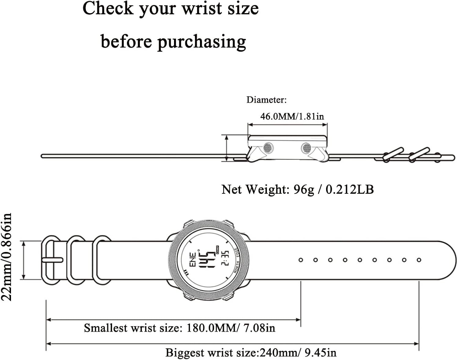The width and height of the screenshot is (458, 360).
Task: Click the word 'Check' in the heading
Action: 108,9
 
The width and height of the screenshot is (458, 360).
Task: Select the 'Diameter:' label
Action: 267,100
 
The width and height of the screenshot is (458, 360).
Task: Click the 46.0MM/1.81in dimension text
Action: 292,116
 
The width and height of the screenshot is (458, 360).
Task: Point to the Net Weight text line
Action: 297,189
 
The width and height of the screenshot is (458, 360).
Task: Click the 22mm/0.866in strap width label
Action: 7,257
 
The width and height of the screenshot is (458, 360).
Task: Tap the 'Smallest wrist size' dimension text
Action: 180,328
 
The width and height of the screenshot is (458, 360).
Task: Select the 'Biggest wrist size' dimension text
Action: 251,353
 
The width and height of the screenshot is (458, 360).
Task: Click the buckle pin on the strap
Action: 53,260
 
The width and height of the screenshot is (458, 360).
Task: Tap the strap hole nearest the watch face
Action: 301,260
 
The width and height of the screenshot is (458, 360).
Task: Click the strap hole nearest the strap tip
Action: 419,260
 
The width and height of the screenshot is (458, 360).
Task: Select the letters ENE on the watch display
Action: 193,260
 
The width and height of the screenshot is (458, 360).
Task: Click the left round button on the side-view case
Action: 268,148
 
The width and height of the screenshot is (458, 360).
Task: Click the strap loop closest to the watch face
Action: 102,260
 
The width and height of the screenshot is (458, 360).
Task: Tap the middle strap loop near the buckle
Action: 76,260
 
